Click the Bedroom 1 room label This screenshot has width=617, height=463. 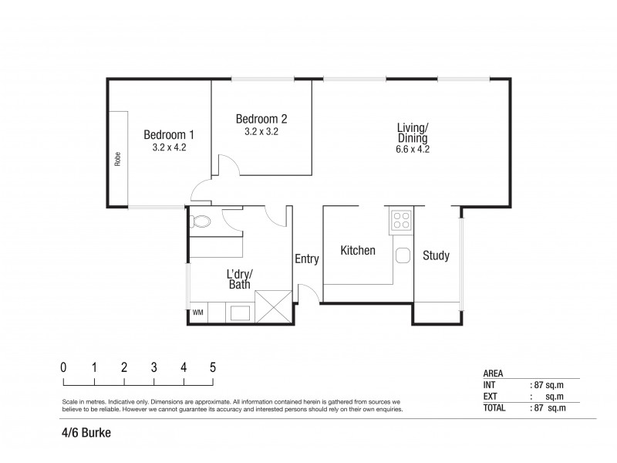(169, 135)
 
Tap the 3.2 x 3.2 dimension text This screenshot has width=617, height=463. (261, 132)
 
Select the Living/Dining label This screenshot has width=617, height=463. (413, 132)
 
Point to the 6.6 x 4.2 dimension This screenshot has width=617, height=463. (413, 150)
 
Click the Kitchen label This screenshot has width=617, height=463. (358, 251)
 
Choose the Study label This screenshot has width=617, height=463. (436, 255)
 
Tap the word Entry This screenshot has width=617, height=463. (306, 259)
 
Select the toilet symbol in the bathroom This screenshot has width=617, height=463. (201, 222)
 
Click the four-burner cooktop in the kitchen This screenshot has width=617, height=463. (402, 222)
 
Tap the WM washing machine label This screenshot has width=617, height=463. (197, 313)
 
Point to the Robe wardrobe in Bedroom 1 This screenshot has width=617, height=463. (118, 159)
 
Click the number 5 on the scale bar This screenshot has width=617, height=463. (213, 367)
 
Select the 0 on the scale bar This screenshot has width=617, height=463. (63, 367)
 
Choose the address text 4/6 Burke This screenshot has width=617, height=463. (86, 433)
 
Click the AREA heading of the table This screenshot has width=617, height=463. (494, 373)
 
